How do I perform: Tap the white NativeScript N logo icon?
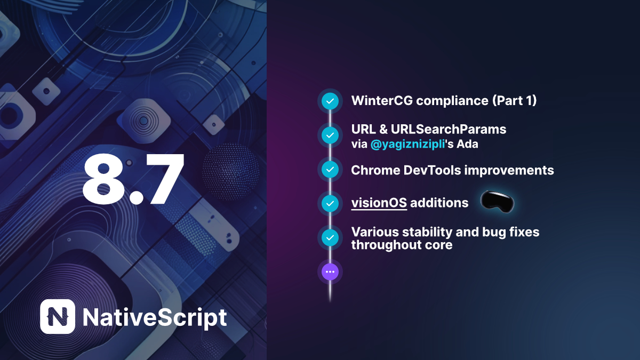click(57, 317)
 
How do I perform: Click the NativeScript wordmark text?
click(155, 317)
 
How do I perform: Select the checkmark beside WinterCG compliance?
click(330, 101)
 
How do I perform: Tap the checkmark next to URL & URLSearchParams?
click(330, 135)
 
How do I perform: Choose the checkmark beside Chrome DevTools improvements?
click(330, 170)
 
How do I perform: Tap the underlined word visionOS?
click(379, 203)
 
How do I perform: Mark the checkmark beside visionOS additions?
click(330, 203)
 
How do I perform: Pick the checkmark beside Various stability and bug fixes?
click(330, 238)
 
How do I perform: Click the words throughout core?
click(402, 245)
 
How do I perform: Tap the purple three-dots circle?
click(330, 271)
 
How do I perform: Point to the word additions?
click(439, 203)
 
